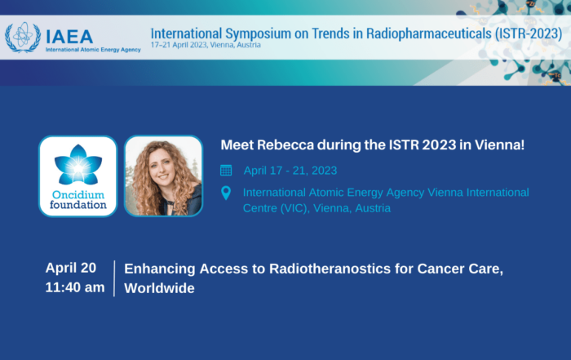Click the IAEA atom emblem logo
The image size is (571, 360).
[x=23, y=38]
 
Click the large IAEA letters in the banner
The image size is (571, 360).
[x=69, y=37]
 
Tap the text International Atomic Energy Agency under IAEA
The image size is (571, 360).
[x=93, y=50]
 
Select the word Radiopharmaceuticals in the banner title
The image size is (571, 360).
[x=428, y=33]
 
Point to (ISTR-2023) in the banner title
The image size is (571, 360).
[x=529, y=33]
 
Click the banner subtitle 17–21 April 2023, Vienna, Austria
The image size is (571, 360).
[x=206, y=45]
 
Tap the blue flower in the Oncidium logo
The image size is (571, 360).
[x=78, y=165]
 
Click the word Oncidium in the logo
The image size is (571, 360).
[x=78, y=194]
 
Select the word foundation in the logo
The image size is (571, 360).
[x=78, y=205]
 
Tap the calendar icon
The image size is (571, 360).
[x=226, y=170]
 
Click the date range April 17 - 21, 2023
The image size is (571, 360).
[x=290, y=171]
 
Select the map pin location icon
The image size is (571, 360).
[x=226, y=193]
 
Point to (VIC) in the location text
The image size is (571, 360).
[x=294, y=208]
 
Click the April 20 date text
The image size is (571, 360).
[x=71, y=268]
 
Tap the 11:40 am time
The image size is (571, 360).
[x=75, y=287]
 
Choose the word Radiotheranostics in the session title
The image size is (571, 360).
[x=330, y=269]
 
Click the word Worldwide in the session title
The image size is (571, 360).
[x=160, y=288]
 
